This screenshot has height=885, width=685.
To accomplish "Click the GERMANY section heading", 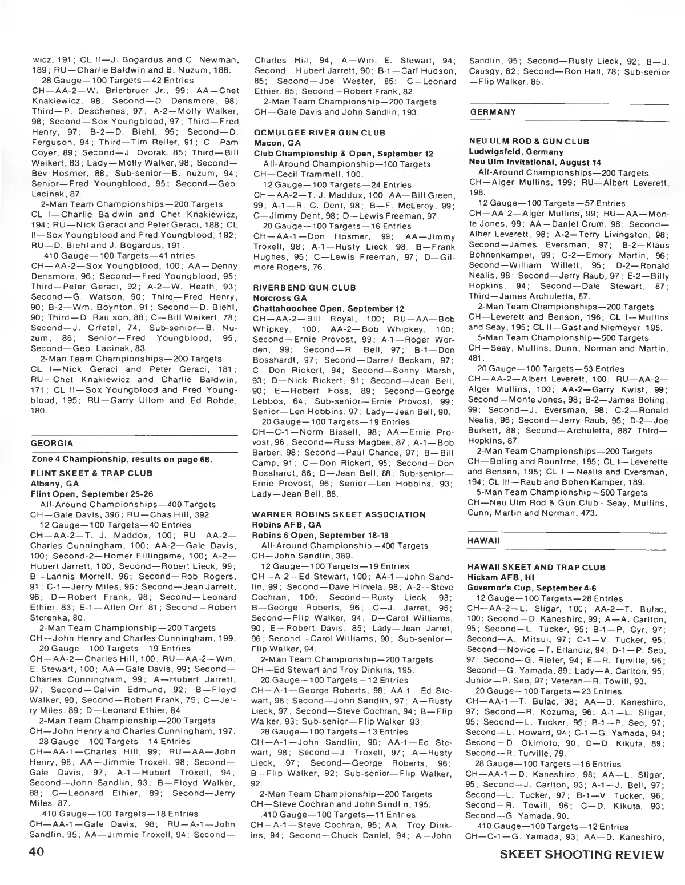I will (492, 112).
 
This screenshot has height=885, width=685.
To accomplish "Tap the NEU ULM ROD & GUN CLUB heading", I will (528, 142).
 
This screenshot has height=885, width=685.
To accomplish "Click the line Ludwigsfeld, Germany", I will (515, 152).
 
